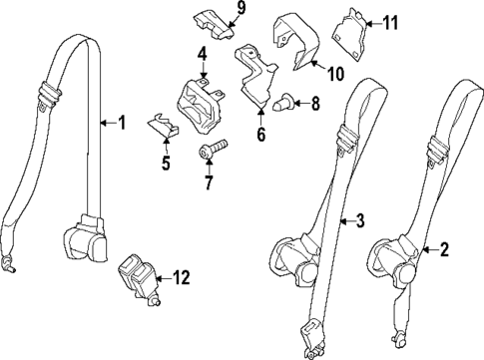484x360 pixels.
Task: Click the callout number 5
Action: [166, 162]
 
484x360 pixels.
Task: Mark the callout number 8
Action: [315, 103]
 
